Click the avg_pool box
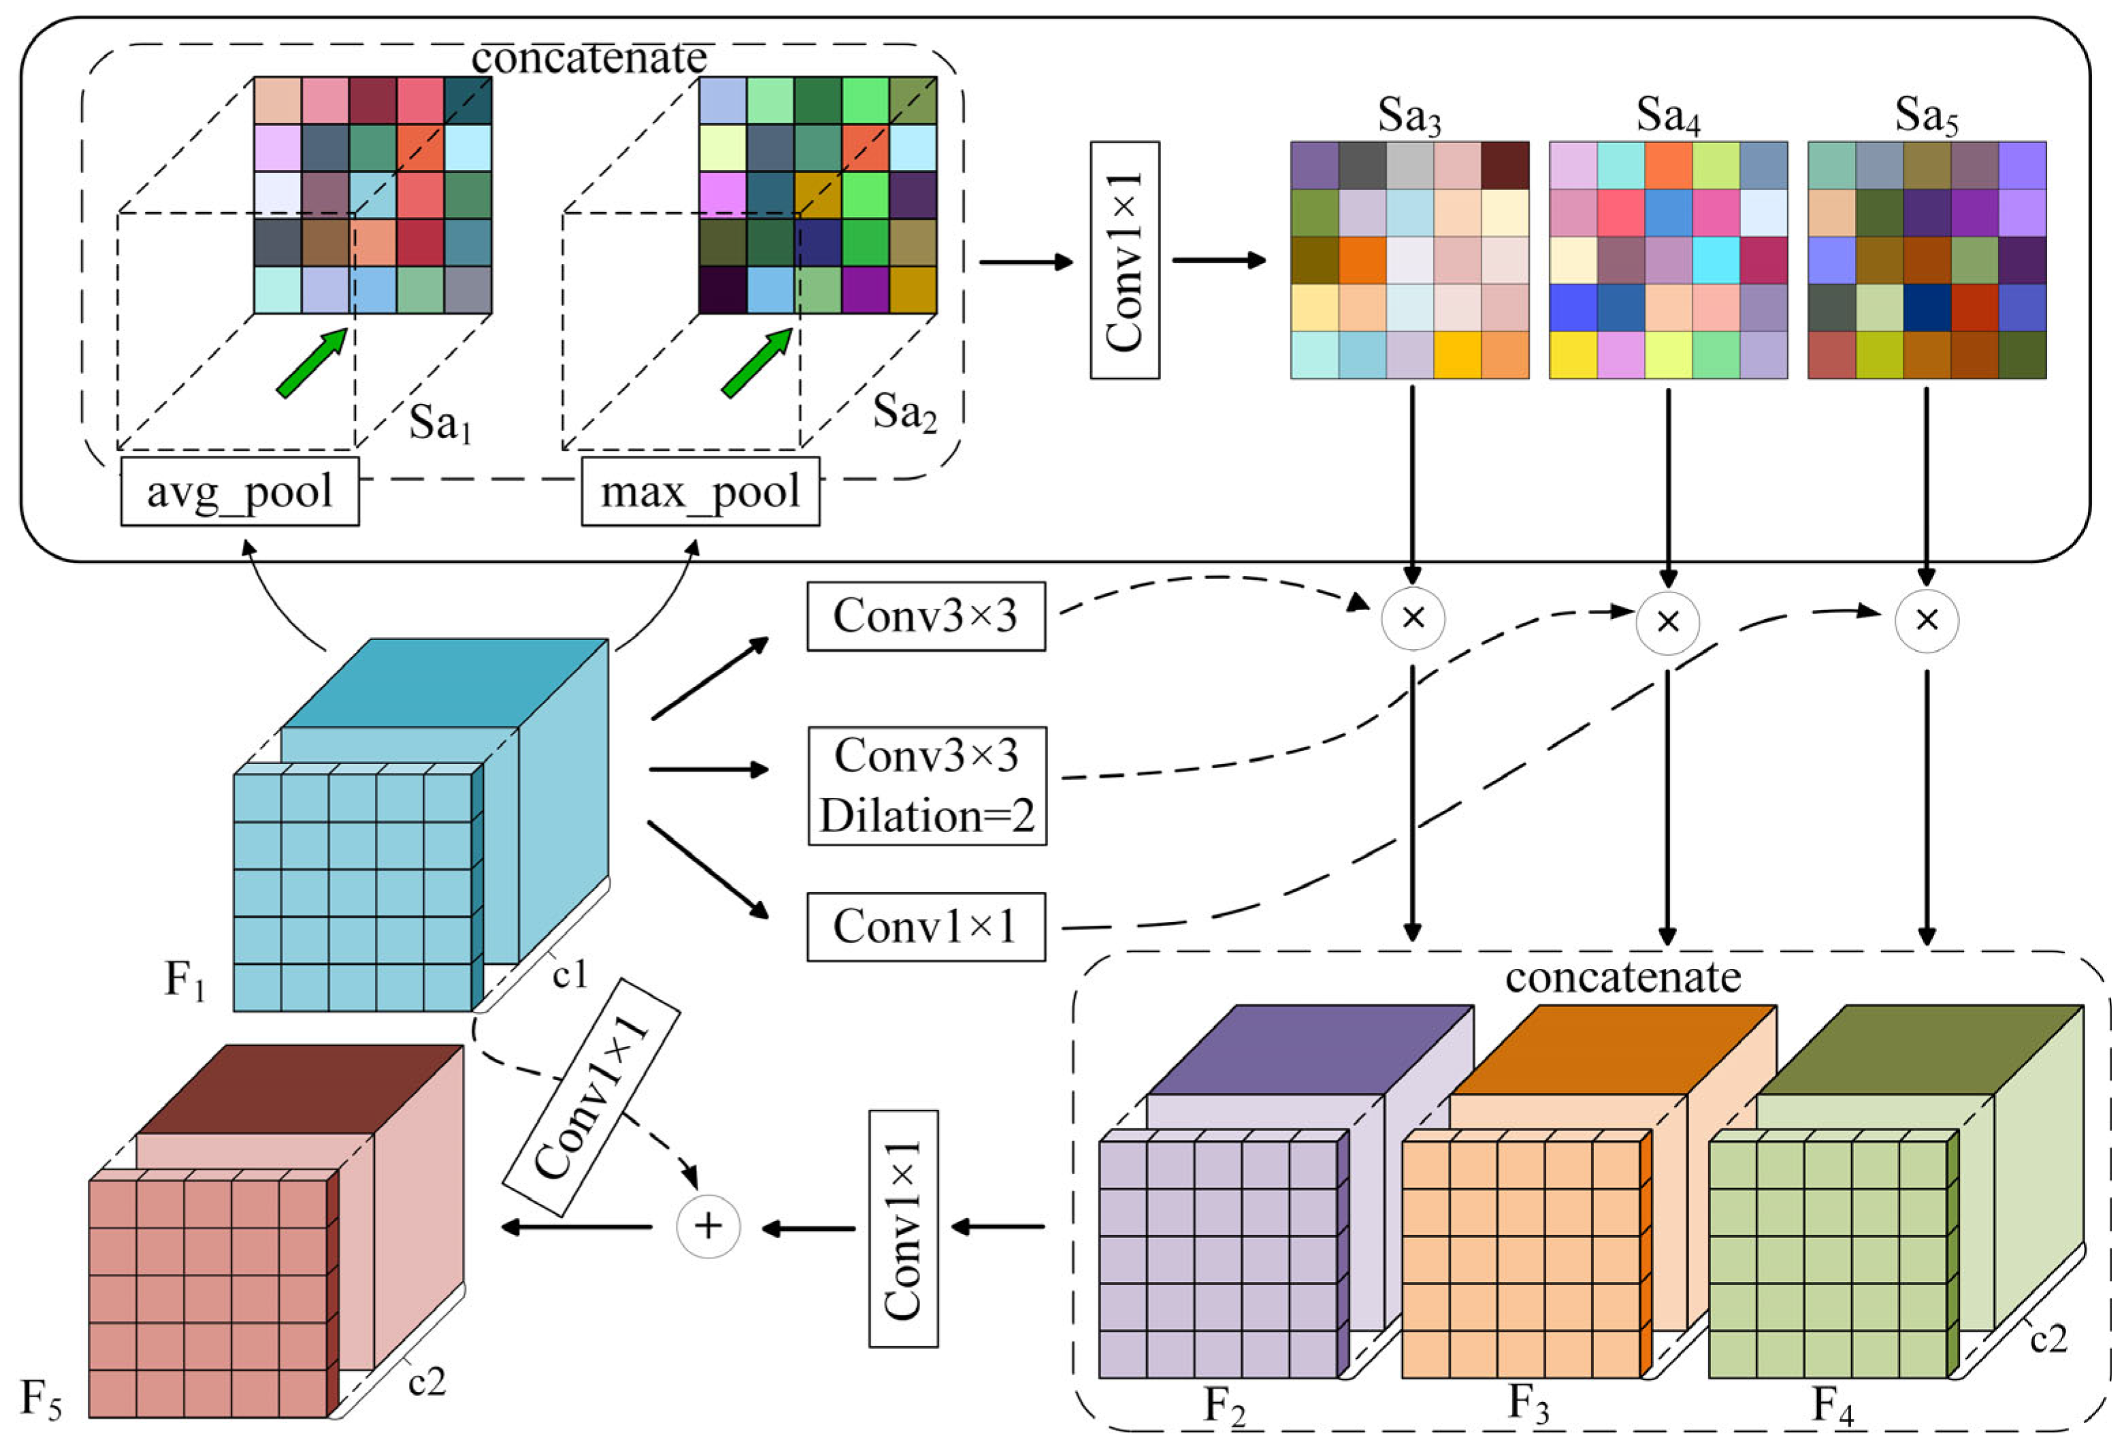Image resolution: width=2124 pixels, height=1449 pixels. (x=240, y=492)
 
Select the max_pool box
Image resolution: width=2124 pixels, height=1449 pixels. (x=700, y=492)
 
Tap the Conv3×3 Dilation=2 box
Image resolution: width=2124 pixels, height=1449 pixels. (x=927, y=785)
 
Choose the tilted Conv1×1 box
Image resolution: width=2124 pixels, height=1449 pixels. (x=592, y=1096)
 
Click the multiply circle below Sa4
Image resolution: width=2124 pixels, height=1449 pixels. (x=1668, y=622)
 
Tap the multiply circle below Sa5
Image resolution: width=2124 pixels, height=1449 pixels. (x=1927, y=620)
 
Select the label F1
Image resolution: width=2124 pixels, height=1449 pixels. (x=184, y=980)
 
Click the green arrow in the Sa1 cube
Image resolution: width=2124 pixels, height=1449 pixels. (x=312, y=363)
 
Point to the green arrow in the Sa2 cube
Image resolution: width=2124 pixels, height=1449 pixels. (x=757, y=363)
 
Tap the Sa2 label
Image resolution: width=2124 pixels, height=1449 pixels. (x=904, y=413)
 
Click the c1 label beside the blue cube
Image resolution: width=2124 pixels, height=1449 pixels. (x=570, y=974)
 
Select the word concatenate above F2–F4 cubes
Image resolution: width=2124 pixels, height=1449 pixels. (x=1622, y=977)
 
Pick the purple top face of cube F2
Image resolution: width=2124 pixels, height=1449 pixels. (x=1309, y=1049)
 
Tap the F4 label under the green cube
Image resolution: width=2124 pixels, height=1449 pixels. (x=1833, y=1404)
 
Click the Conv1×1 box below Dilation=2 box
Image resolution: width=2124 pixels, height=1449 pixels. (x=925, y=926)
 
